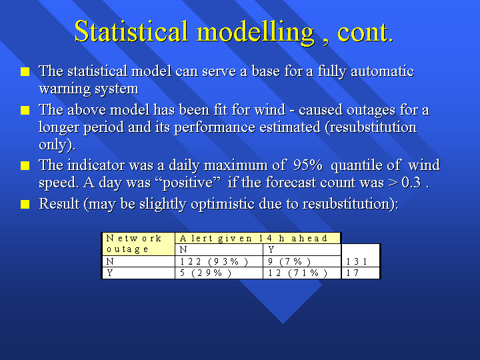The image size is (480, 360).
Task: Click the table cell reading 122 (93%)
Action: [x=219, y=261]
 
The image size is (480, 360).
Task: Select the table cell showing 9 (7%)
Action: [x=302, y=261]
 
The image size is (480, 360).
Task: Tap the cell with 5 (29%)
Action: [x=219, y=273]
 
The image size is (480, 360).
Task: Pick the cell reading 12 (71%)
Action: [x=302, y=273]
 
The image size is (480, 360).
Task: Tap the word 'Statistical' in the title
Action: [x=131, y=31]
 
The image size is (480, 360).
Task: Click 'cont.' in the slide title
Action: [x=365, y=32]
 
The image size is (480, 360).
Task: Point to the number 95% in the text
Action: [x=307, y=165]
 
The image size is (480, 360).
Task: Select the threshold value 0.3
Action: [x=411, y=183]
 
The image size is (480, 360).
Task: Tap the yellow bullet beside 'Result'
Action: [x=25, y=204]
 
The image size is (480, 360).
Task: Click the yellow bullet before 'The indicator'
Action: [x=25, y=165]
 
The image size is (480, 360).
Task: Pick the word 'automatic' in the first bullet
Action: [x=383, y=71]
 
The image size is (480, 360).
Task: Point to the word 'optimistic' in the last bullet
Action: [x=223, y=204]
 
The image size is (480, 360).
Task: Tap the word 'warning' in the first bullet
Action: [x=64, y=89]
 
